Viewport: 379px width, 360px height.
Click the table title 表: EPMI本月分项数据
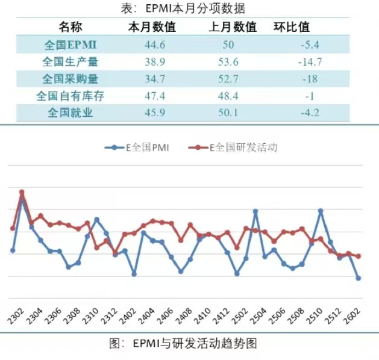[x=190, y=8]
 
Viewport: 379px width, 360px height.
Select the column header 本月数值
[x=152, y=27]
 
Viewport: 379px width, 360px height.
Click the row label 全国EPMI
[x=70, y=45]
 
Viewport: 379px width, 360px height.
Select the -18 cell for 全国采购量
[x=310, y=79]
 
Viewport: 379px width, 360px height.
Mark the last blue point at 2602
[x=359, y=278]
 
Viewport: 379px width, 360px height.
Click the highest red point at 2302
[x=22, y=192]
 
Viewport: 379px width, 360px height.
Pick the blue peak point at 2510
[x=321, y=211]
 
